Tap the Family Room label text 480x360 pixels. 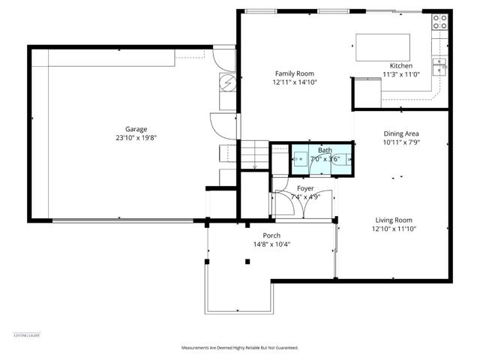coord(291,73)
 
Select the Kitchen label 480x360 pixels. coord(401,65)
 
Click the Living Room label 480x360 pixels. coord(394,220)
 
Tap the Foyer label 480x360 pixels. coord(304,188)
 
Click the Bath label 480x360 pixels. coord(324,150)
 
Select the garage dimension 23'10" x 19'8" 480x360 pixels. coord(136,138)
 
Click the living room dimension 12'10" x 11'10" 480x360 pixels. coord(394,230)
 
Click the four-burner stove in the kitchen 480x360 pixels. coord(439,24)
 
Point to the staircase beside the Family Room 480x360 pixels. coord(253,154)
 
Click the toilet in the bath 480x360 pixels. coord(341,159)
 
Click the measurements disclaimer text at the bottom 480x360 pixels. coord(240,348)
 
